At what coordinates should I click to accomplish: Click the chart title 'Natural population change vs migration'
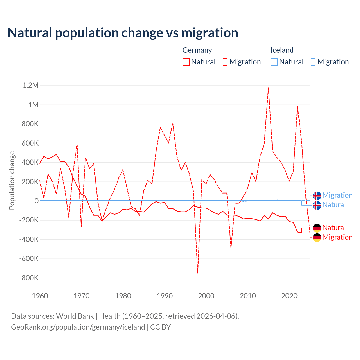click(123, 33)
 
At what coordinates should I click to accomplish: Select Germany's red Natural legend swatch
click(186, 62)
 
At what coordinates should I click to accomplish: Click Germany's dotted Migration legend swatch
click(224, 62)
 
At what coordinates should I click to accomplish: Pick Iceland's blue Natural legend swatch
click(274, 62)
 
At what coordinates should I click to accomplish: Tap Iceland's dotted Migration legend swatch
click(312, 62)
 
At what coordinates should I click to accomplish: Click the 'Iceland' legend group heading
click(282, 50)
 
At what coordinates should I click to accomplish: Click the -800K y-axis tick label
click(29, 278)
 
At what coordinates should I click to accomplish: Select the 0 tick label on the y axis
click(36, 201)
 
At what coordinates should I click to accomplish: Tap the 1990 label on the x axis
click(165, 296)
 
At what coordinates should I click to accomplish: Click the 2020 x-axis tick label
click(289, 296)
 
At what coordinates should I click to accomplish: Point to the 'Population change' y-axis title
click(12, 181)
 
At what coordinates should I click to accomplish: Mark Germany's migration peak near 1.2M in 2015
click(269, 88)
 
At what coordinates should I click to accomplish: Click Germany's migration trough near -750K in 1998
click(198, 273)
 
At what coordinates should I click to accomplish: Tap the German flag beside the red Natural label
click(317, 228)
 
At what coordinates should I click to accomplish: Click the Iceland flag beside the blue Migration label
click(317, 195)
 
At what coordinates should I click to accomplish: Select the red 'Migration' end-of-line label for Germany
click(337, 237)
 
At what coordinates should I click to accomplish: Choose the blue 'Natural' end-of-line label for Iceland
click(334, 205)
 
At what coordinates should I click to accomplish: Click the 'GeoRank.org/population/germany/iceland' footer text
click(78, 327)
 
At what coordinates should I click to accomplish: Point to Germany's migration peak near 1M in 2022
click(298, 107)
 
